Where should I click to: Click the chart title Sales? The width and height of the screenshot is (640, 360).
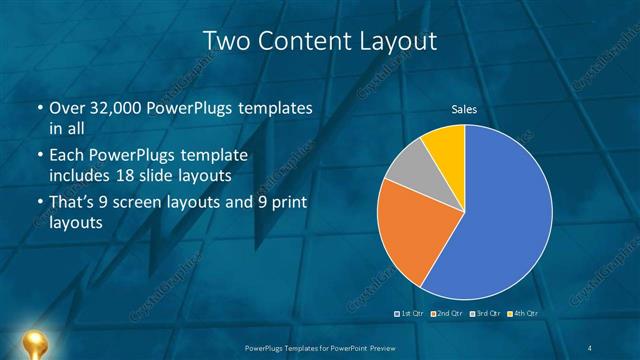pos(465,108)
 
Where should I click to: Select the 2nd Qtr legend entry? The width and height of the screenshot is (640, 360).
pos(448,313)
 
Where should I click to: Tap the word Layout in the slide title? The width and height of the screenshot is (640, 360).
pos(396,41)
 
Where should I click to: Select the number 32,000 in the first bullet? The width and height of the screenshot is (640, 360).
pos(117,107)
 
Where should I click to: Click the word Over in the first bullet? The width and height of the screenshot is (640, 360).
pos(68,107)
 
